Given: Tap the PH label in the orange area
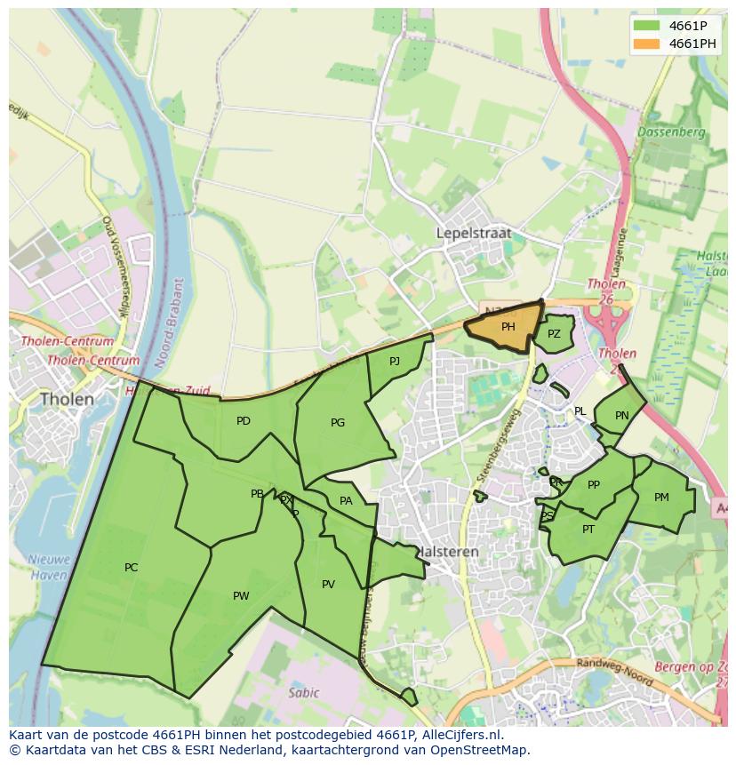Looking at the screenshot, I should [x=508, y=327].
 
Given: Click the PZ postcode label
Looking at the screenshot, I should [x=554, y=334].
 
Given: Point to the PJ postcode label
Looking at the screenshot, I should [x=395, y=361].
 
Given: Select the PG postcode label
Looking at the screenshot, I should [x=338, y=423].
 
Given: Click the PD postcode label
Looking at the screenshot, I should [x=244, y=421].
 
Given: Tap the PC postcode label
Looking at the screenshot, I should [x=132, y=568].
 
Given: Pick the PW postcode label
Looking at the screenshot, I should [x=241, y=596].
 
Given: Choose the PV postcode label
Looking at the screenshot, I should [x=328, y=585].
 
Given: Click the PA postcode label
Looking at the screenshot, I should [x=346, y=501].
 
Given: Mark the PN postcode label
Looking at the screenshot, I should [x=622, y=416].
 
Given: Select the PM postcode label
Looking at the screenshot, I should [x=661, y=498].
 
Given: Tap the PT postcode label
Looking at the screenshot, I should [x=588, y=530].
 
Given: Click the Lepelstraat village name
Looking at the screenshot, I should [x=474, y=233].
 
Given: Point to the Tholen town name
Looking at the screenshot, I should [x=67, y=399].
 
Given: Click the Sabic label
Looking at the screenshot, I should [x=303, y=693].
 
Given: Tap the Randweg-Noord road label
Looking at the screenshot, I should [x=614, y=673].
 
